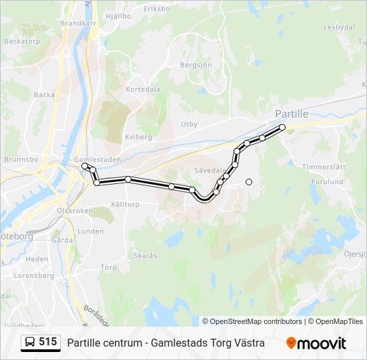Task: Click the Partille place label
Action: pyautogui.click(x=292, y=114)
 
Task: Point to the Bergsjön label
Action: pyautogui.click(x=196, y=65)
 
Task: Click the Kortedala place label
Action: pyautogui.click(x=143, y=89)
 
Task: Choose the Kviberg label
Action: pyautogui.click(x=138, y=137)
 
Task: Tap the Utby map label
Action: pyautogui.click(x=189, y=124)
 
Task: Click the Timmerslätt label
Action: pyautogui.click(x=324, y=167)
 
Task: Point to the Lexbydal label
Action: pyautogui.click(x=338, y=27)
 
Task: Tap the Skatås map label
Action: pyautogui.click(x=145, y=255)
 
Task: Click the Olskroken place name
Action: pyautogui.click(x=74, y=210)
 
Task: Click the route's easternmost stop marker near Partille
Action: pyautogui.click(x=282, y=127)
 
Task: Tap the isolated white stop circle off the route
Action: pyautogui.click(x=249, y=181)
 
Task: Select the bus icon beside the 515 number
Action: pyautogui.click(x=30, y=343)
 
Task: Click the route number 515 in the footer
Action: pyautogui.click(x=47, y=342)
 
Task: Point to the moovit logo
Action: pyautogui.click(x=316, y=343)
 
